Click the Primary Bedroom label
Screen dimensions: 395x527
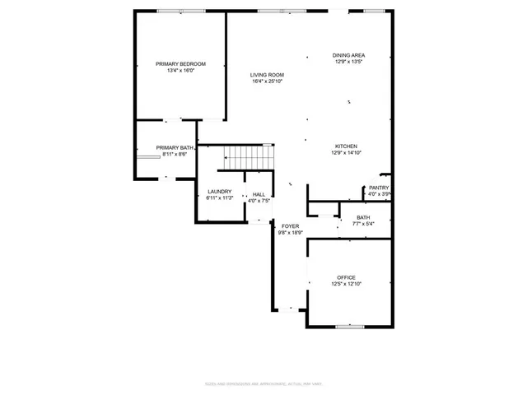click(180, 63)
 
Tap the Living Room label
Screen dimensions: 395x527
click(267, 75)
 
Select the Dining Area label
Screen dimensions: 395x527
click(348, 55)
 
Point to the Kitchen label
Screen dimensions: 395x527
click(346, 146)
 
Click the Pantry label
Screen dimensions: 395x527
click(379, 188)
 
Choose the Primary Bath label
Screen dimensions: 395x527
click(175, 148)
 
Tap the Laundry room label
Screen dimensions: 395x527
click(220, 192)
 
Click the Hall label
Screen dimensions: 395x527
click(259, 194)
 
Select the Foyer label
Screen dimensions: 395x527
click(291, 225)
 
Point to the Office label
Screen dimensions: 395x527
click(346, 277)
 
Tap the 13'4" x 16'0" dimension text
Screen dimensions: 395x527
click(180, 70)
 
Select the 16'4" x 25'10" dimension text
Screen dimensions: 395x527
click(267, 81)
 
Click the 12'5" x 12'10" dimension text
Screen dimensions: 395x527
click(346, 284)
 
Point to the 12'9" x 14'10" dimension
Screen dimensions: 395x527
click(346, 153)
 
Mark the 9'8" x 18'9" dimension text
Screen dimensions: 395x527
click(291, 232)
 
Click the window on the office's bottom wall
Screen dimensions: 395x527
click(350, 327)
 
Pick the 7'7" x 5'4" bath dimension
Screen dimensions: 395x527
click(363, 224)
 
